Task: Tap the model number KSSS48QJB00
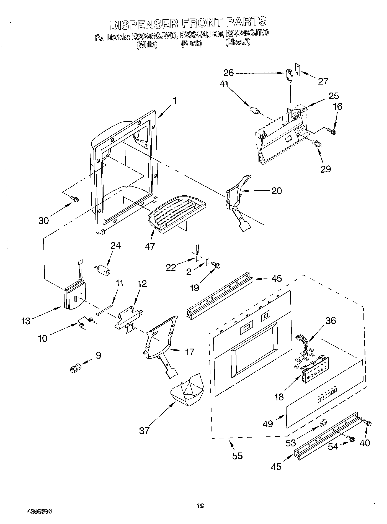202,35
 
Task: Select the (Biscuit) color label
238,42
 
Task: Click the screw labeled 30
75,198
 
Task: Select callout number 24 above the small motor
115,246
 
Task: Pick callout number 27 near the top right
323,81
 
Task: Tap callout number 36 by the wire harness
331,321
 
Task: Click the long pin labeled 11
105,309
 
